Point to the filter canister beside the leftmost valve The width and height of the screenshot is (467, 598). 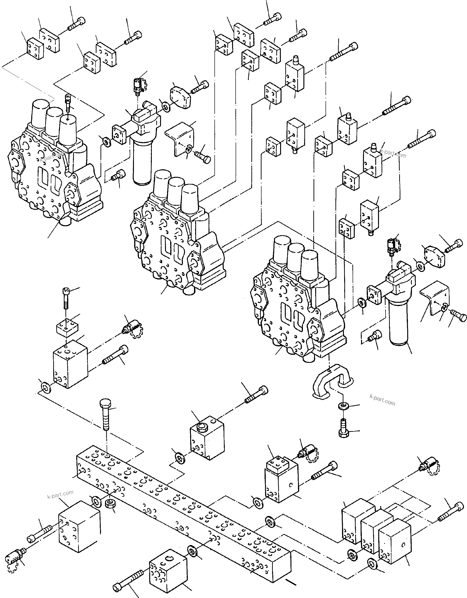(x=142, y=159)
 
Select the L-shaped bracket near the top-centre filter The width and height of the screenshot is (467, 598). (x=181, y=138)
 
